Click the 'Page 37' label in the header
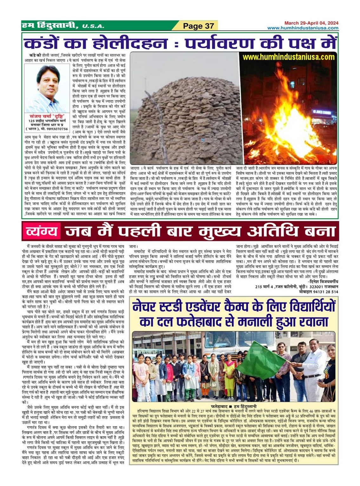coord(199,26)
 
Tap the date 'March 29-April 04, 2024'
coord(311,23)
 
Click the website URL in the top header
coord(303,28)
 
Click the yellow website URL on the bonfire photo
coord(288,57)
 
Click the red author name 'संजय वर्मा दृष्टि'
coord(47,116)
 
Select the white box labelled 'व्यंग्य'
coord(42,231)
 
